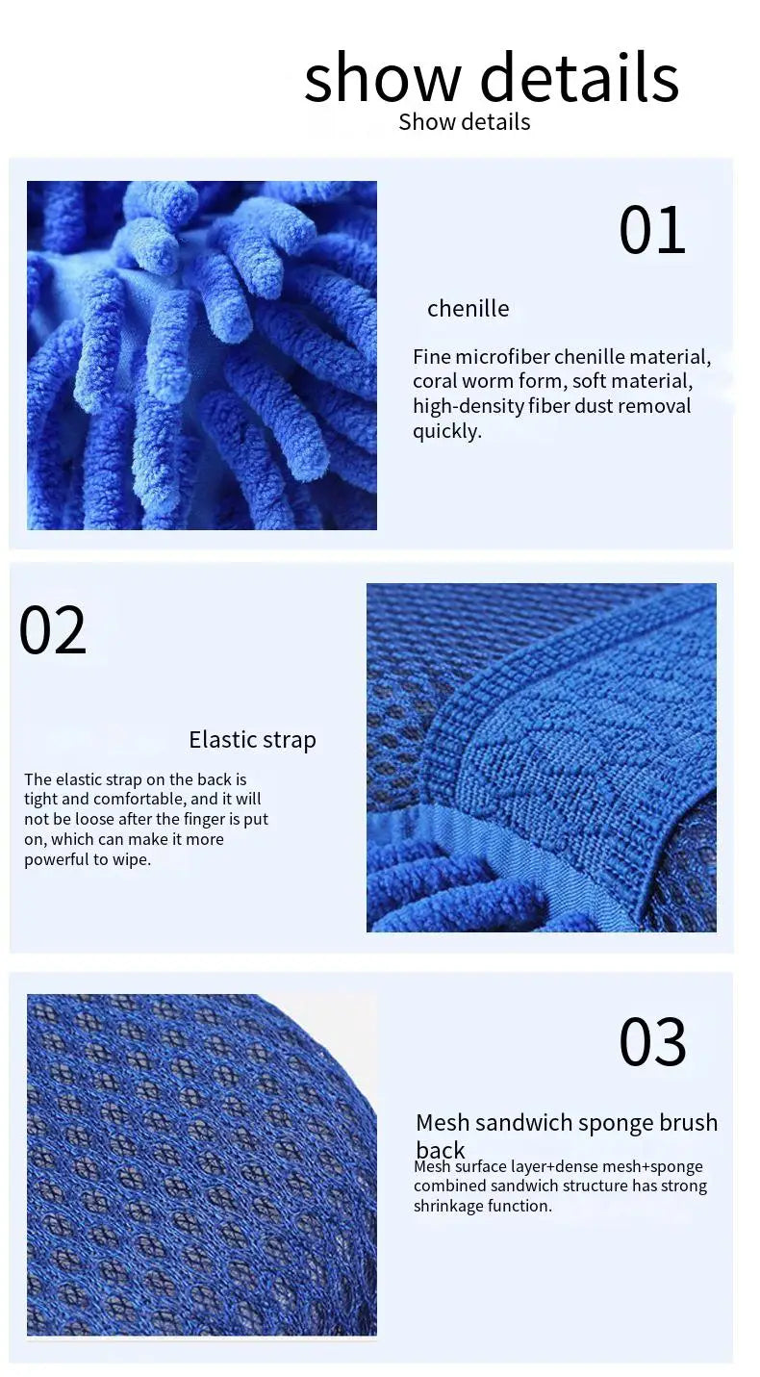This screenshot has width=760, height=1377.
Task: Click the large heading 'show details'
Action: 492,77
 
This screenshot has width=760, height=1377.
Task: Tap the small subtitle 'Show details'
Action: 465,121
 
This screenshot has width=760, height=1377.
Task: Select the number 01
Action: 652,230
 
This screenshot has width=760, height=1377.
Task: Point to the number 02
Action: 53,629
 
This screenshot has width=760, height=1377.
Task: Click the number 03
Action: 652,1042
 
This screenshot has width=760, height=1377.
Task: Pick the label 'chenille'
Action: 469,309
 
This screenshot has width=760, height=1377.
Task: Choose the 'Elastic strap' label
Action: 252,740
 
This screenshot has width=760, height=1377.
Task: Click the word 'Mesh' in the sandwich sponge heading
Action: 443,1123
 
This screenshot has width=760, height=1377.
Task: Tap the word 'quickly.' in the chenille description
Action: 447,431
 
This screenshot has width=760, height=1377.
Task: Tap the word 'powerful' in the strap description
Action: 57,859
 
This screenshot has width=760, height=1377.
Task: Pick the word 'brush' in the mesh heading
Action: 688,1123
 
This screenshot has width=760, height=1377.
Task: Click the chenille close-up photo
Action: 201,355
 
